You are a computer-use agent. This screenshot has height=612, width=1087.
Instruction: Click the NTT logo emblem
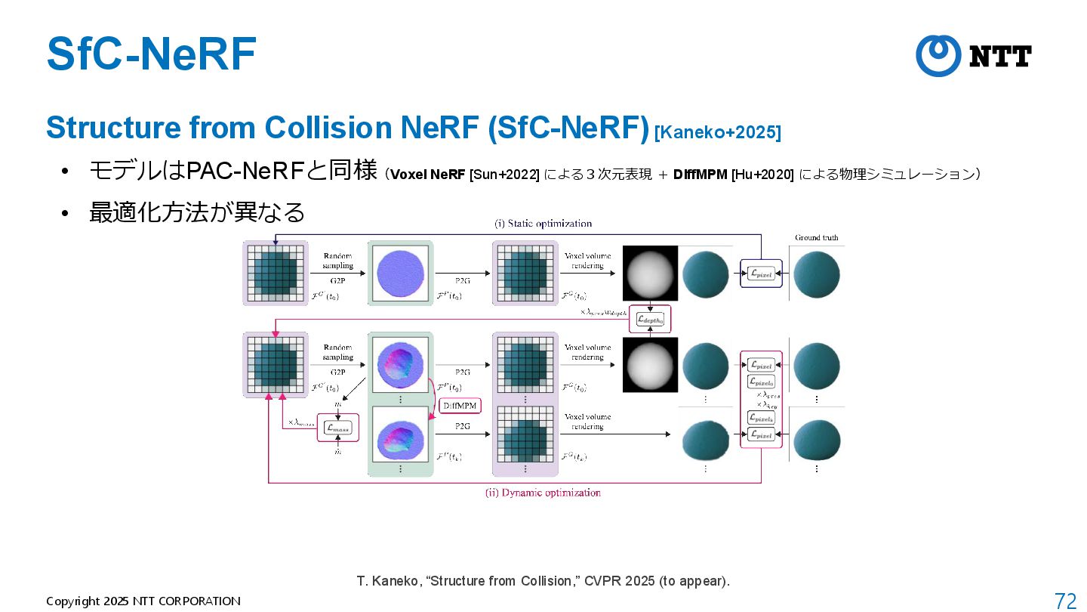point(938,55)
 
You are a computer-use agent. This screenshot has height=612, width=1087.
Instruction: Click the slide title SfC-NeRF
point(151,54)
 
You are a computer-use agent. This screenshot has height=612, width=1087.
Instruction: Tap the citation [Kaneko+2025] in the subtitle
point(718,133)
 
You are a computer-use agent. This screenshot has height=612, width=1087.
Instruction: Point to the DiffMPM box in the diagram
point(460,406)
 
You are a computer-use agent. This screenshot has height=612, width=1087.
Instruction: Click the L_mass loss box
point(338,428)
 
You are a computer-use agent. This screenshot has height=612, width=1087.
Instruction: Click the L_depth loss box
point(650,320)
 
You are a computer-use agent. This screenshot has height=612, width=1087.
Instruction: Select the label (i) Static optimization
point(543,224)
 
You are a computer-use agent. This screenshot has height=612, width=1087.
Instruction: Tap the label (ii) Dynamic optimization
point(543,493)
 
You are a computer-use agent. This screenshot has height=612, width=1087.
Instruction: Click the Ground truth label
point(816,238)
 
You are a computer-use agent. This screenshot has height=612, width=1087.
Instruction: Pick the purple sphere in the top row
point(400,273)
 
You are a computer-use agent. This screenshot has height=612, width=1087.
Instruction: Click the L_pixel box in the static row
point(761,274)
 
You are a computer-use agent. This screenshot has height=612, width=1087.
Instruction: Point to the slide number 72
point(1065,601)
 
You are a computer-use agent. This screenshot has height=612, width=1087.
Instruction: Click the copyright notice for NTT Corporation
point(143,601)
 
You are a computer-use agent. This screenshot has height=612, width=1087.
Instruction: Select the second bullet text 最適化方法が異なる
point(197,212)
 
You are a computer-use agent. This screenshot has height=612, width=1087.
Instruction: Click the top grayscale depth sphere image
point(650,273)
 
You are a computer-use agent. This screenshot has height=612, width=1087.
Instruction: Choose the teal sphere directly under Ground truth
point(816,274)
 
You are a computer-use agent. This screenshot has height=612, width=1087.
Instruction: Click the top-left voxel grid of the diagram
point(275,273)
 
